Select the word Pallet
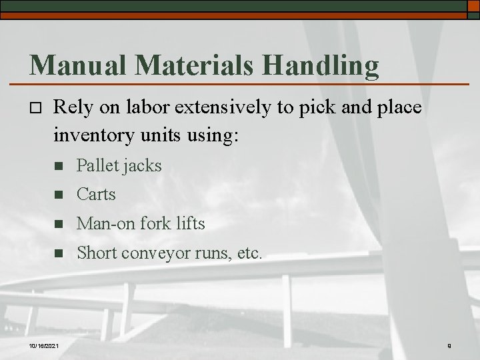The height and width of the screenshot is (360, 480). [97, 165]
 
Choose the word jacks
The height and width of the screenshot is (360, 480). [142, 165]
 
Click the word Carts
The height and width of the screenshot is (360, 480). [96, 195]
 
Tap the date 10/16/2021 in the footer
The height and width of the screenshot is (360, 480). [44, 345]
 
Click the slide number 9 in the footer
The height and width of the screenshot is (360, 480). [449, 345]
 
